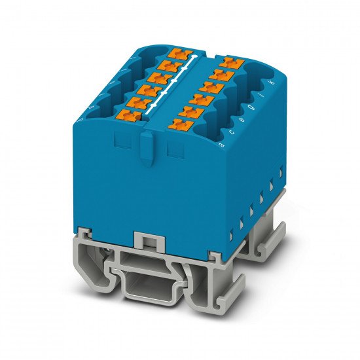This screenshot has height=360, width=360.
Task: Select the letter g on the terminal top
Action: click(254, 107)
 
